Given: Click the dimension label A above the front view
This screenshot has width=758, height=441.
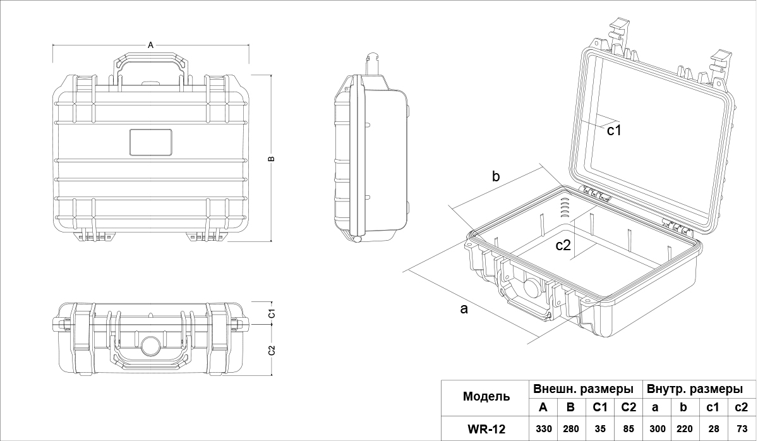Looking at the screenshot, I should [150, 45].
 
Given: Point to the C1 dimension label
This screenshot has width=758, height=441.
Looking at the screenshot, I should [271, 313].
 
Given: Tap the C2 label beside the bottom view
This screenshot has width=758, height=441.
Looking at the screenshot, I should [271, 351].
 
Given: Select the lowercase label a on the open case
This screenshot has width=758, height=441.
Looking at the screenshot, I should [464, 309].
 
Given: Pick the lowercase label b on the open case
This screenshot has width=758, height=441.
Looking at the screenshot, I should [496, 177].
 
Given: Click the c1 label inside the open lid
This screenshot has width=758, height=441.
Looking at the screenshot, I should [615, 131].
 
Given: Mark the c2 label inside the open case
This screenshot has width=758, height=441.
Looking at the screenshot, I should [563, 246].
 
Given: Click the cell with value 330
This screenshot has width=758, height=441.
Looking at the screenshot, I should [543, 429].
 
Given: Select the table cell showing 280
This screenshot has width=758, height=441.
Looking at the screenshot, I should [570, 429].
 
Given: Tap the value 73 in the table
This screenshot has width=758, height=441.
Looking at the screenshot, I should [742, 429].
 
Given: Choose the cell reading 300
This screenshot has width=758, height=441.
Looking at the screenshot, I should [657, 429].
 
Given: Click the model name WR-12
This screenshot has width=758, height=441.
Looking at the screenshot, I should [486, 429].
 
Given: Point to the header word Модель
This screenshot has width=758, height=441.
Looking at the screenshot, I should [486, 397].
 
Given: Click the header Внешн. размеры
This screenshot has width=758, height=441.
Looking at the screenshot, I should [583, 388].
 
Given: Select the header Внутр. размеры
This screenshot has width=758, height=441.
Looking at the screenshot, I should [698, 388].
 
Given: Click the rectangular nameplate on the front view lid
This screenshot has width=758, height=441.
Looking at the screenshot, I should [151, 142].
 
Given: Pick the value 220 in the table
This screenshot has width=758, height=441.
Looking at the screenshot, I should [685, 429].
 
